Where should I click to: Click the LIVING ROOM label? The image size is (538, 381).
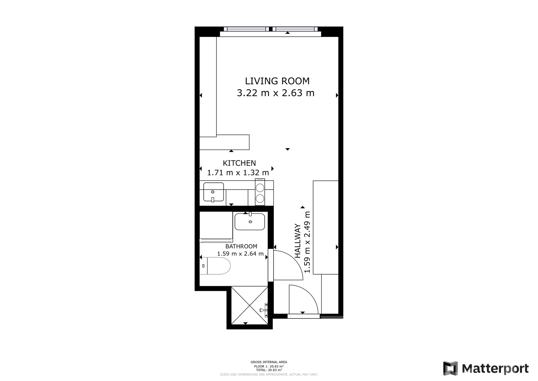[x=277, y=81]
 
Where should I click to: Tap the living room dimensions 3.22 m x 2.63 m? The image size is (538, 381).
[x=276, y=93]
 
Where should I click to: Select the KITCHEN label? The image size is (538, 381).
[x=239, y=163]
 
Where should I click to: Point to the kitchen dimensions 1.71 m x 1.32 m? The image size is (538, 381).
[x=238, y=173]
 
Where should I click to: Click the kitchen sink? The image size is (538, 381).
[x=214, y=192]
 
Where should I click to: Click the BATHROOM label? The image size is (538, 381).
[x=241, y=246]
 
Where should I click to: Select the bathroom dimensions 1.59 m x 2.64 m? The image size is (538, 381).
[x=240, y=254]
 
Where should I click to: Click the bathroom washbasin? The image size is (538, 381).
[x=250, y=221]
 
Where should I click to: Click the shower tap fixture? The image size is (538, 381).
[x=264, y=310]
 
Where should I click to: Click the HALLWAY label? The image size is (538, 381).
[x=298, y=241]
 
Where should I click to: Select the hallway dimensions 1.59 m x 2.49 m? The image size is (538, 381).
[x=307, y=242]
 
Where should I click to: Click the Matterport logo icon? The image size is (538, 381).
[x=450, y=368]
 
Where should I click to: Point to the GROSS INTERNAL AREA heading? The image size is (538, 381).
[x=269, y=362]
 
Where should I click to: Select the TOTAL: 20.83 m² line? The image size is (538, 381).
[x=269, y=370]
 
